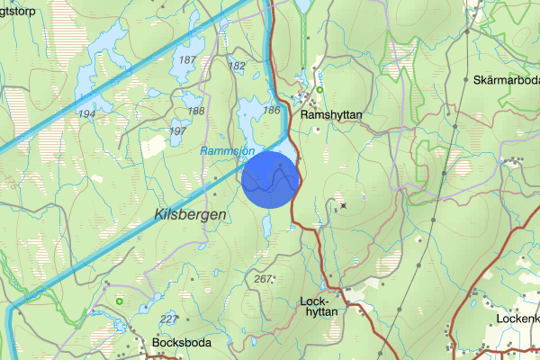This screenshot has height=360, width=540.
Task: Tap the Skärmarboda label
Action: click(x=505, y=80)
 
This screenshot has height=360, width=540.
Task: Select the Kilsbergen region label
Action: click(x=190, y=214)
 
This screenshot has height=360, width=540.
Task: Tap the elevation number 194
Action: click(x=86, y=114)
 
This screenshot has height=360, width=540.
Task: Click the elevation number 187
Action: click(x=187, y=60)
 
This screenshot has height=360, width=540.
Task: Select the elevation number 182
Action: click(x=238, y=67)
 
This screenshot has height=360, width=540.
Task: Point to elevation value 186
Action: click(x=271, y=109)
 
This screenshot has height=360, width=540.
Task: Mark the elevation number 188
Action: click(x=195, y=111)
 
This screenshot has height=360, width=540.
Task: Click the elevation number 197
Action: click(x=178, y=131)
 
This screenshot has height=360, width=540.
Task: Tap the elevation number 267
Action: click(x=263, y=280)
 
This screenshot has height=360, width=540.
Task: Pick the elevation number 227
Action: click(x=167, y=319)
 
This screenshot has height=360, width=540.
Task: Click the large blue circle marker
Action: click(x=270, y=179)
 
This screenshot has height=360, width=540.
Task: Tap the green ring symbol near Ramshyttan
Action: click(x=319, y=89)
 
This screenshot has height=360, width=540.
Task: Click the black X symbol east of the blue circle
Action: click(x=343, y=205)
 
